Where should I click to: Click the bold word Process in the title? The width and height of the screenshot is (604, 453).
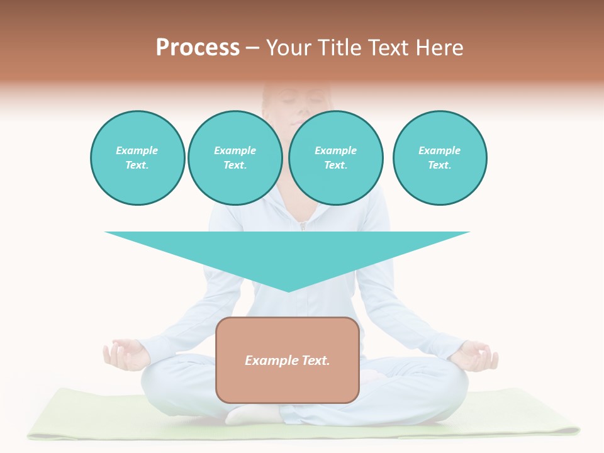coord(198,48)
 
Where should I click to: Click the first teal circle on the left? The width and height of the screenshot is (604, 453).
coord(137,157)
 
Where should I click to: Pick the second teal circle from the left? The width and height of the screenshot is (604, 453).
coord(235,157)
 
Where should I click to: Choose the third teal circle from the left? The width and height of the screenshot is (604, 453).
coord(335,157)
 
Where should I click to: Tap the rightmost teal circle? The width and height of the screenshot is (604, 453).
coord(439,157)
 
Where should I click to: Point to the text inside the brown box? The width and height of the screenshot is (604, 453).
coord(288,361)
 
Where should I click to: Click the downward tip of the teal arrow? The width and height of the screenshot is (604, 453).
coord(288,289)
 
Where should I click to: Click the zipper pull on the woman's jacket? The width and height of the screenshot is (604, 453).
coord(302,225)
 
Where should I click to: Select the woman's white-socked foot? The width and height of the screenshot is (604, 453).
coord(252,413)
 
